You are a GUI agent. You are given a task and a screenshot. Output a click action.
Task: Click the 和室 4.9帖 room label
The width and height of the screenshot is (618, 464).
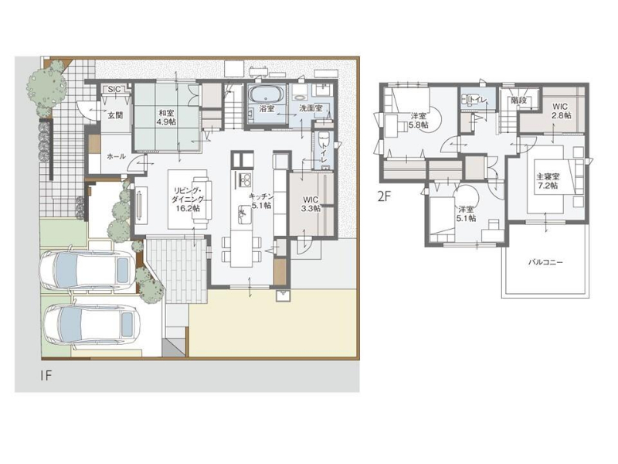click(166, 118)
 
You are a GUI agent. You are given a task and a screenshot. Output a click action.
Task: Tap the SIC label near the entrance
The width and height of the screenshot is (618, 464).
click(114, 90)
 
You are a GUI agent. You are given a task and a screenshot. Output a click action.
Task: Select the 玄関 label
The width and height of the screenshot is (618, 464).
click(115, 115)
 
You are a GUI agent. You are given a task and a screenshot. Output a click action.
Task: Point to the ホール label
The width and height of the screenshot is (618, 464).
click(117, 157)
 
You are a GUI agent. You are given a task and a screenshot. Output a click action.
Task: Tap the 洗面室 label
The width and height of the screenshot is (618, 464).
click(311, 108)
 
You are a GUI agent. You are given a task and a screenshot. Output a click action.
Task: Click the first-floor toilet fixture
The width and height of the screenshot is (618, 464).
click(324, 140)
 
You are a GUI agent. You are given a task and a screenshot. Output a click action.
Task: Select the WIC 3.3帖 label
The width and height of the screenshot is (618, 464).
click(311, 204)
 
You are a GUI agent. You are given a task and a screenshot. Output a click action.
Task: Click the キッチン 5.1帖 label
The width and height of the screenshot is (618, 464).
click(260, 201)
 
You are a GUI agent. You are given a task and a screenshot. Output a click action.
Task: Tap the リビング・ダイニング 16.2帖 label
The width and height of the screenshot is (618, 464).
click(188, 199)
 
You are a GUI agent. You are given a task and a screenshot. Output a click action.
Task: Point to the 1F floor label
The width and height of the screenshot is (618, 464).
click(46, 375)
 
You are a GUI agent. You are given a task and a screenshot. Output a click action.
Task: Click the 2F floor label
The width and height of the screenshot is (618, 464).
click(384, 197)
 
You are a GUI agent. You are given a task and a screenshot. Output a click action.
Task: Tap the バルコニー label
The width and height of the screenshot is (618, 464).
click(545, 261)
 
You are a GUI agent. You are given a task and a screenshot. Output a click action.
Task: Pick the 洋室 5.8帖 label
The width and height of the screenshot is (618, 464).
click(419, 121)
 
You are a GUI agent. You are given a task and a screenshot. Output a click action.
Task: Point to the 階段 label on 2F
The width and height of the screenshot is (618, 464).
click(518, 101)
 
